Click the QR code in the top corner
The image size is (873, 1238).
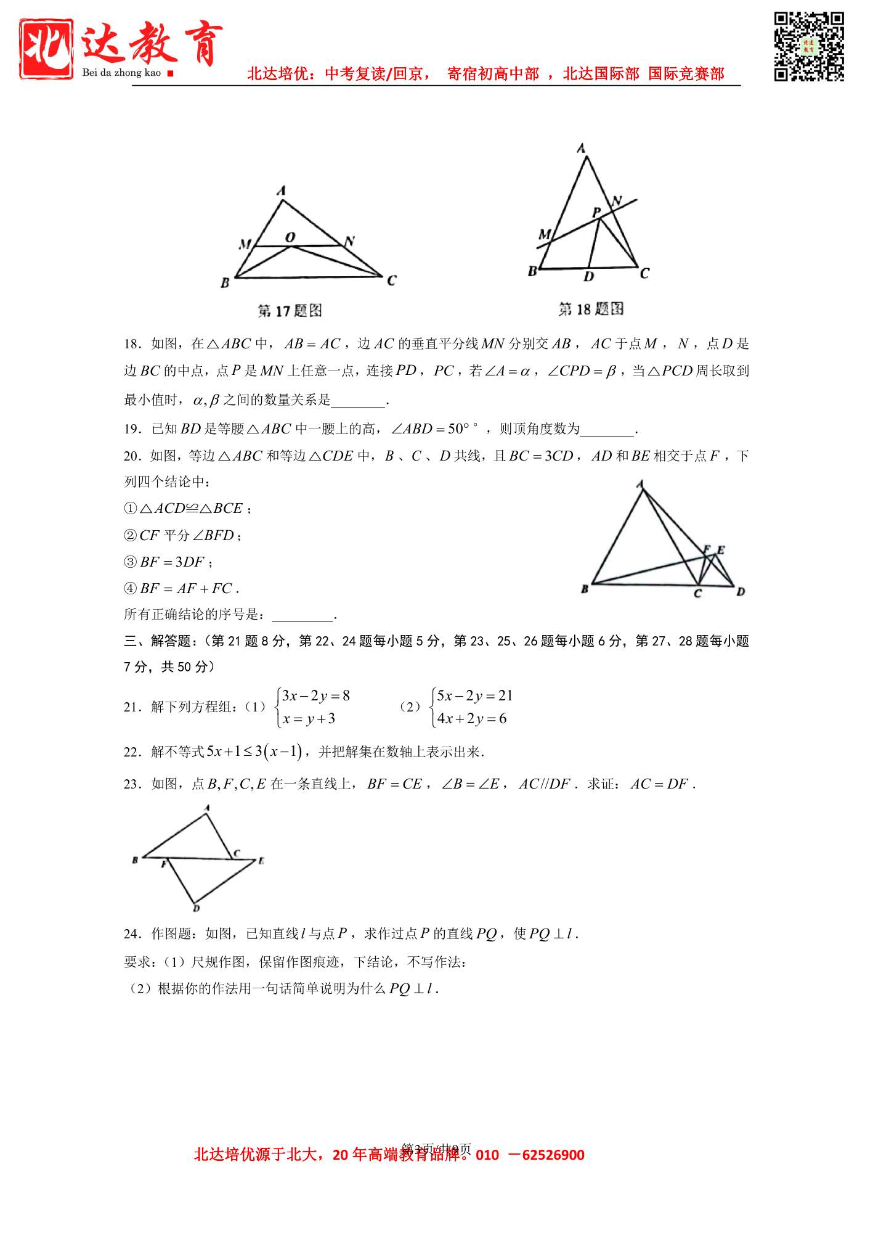(x=808, y=46)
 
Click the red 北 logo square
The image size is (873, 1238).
(x=46, y=49)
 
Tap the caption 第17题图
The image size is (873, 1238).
(x=290, y=311)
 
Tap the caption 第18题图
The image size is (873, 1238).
(x=591, y=309)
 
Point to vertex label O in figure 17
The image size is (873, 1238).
(x=290, y=237)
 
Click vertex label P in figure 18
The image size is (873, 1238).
(x=596, y=213)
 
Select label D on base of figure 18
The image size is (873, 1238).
(x=589, y=277)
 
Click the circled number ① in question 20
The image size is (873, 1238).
(x=130, y=509)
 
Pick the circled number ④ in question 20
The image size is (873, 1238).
(x=130, y=589)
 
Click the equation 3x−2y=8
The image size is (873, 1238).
(x=315, y=696)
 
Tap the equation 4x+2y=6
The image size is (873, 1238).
(x=471, y=719)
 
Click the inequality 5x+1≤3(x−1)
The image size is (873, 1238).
(x=254, y=752)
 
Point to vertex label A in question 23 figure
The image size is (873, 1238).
(x=207, y=808)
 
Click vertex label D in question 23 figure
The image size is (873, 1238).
(x=197, y=908)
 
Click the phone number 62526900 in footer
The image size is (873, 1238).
(x=553, y=1155)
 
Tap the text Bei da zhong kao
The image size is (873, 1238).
(x=121, y=73)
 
